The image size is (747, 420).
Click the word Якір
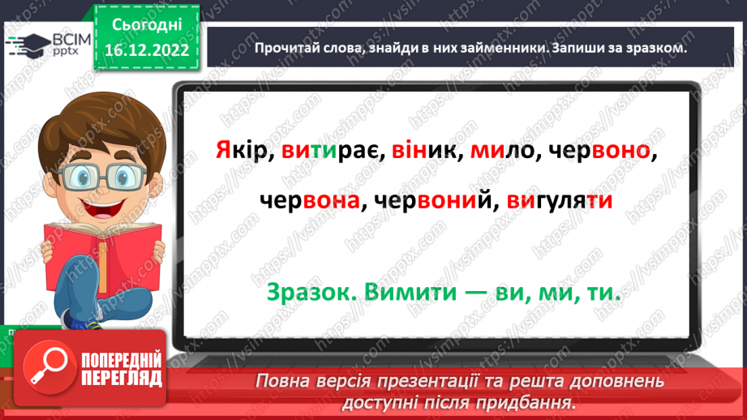point(241,151)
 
